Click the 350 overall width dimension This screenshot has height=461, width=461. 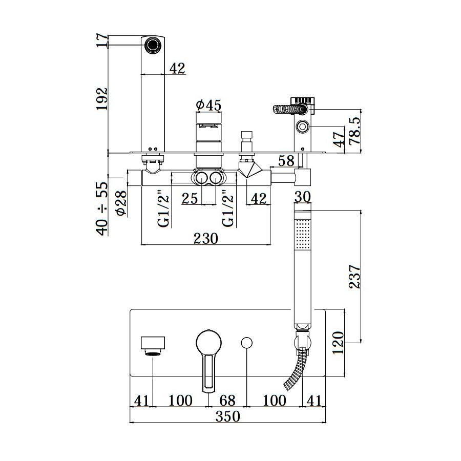228,416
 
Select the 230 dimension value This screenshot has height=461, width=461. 206,238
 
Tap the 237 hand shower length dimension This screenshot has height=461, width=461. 354,277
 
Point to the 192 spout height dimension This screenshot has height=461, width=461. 102,99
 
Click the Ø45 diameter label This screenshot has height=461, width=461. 209,105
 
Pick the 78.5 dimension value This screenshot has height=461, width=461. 354,131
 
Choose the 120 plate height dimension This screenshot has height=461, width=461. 338,343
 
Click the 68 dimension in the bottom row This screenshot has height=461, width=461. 227,401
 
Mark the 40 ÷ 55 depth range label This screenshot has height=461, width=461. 102,209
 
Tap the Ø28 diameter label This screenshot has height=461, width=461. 121,203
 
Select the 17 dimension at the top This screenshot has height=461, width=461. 102,40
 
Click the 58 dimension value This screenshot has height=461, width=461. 286,161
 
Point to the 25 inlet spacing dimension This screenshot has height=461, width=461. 190,198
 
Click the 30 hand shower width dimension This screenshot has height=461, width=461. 302,197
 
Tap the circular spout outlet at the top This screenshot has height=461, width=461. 153,45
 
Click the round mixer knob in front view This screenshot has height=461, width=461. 209,342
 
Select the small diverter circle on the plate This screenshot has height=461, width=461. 247,343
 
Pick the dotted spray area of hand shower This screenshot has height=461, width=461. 303,234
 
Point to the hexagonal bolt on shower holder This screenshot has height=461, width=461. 303,127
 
